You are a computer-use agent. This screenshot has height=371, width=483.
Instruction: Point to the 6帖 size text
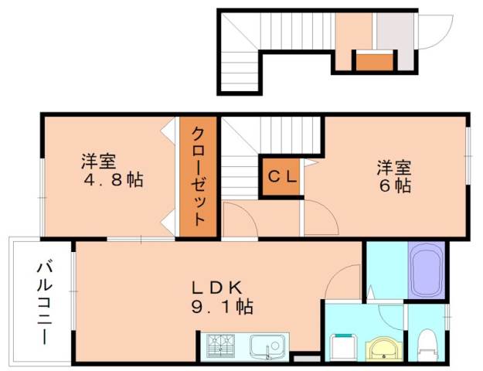(x=393, y=185)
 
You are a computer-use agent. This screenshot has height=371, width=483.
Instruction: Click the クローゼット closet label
(x=198, y=175)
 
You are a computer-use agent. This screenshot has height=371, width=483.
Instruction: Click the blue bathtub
(x=425, y=271)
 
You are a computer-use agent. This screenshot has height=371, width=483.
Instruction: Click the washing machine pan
(x=342, y=345)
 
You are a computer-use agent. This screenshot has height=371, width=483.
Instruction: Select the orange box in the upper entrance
(x=373, y=61)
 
